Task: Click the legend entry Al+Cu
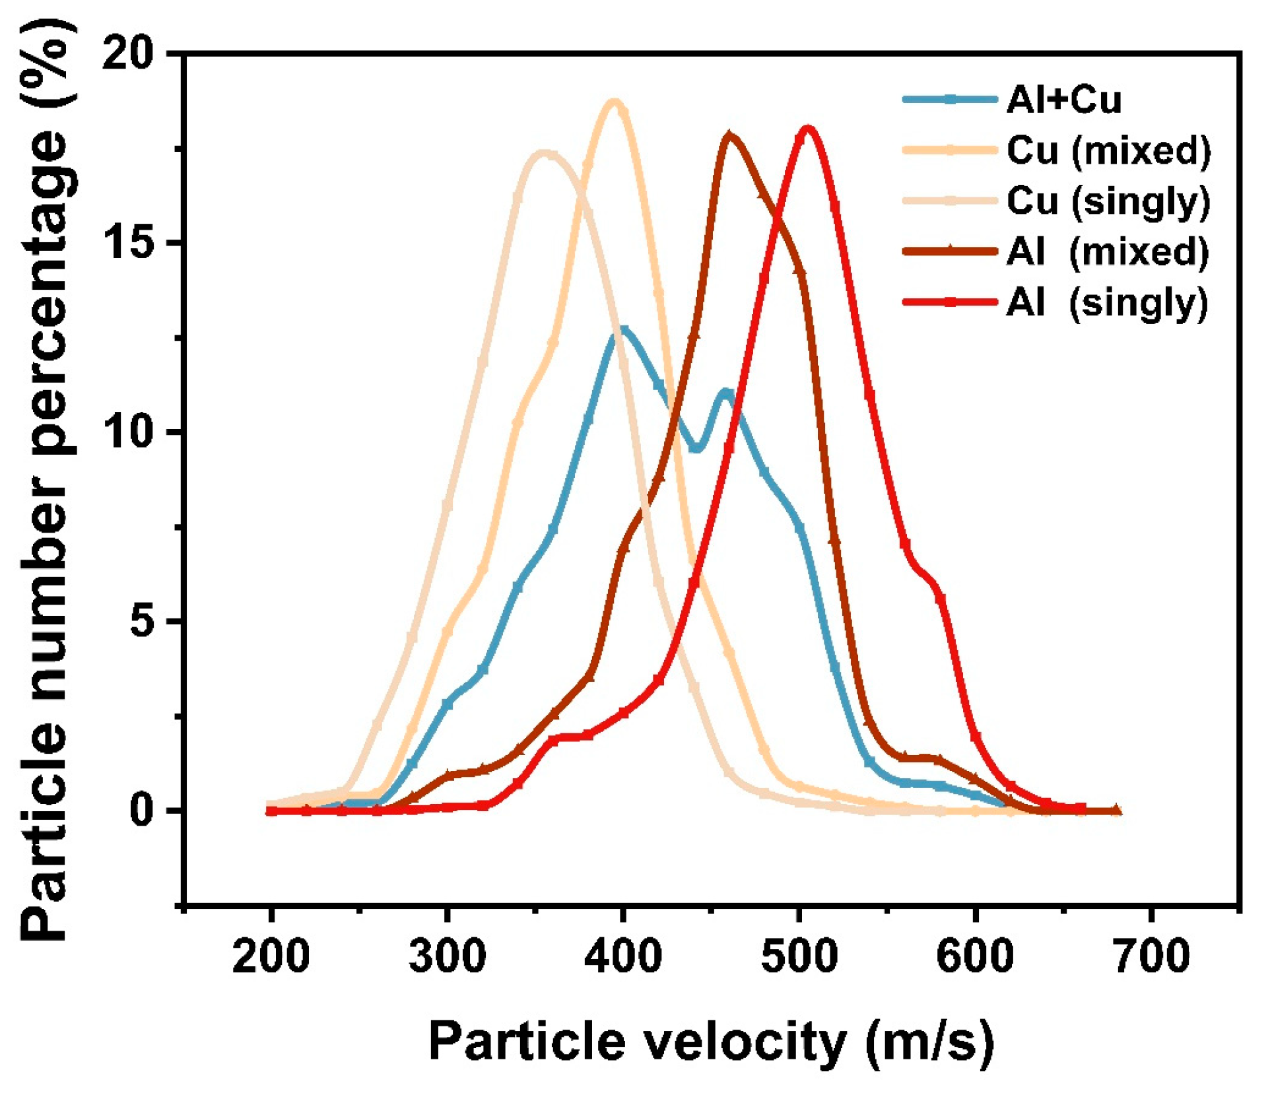point(1063,100)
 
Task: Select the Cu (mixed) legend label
point(1108,150)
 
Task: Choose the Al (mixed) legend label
point(1107,251)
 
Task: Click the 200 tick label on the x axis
point(271,955)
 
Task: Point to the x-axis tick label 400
point(622,955)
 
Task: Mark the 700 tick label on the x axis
point(1151,955)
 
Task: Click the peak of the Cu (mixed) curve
point(615,102)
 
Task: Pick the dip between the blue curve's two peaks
point(696,448)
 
